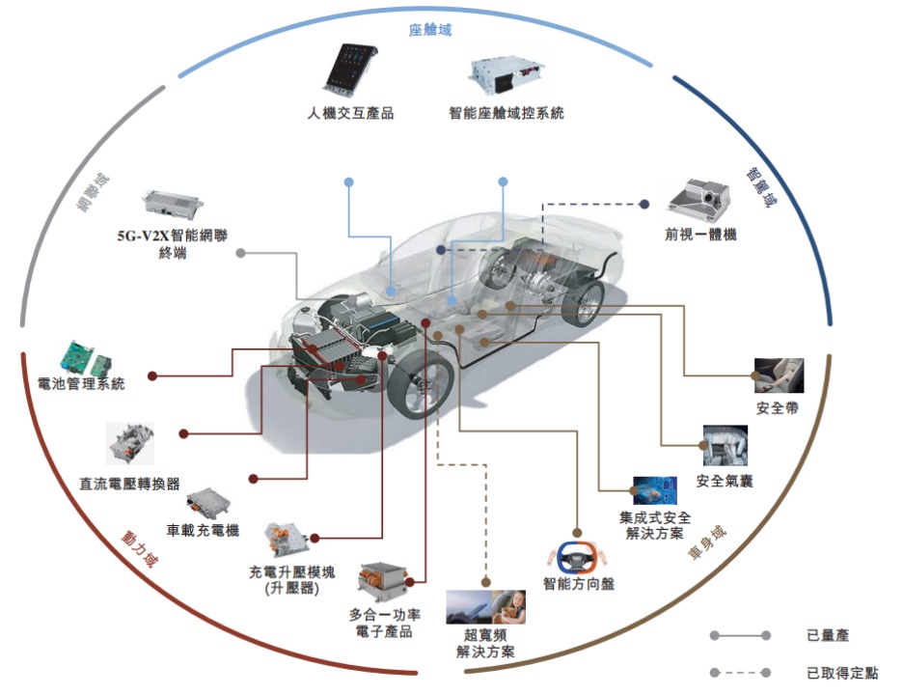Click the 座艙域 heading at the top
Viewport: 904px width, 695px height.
pyautogui.click(x=429, y=30)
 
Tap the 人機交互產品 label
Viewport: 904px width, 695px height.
pyautogui.click(x=350, y=113)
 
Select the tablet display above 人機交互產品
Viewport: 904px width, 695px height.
pyautogui.click(x=348, y=69)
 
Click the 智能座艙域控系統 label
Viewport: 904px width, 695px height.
pyautogui.click(x=506, y=113)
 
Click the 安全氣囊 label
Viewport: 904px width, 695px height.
pyautogui.click(x=724, y=481)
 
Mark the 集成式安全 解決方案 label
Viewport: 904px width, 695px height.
pyautogui.click(x=655, y=525)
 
